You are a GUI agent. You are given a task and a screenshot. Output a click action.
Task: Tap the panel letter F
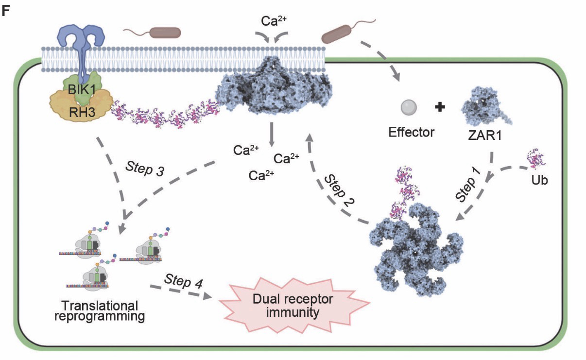tap(6, 11)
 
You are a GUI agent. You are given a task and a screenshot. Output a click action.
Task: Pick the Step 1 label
tap(468, 187)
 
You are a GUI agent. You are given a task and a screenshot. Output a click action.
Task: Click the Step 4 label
tap(183, 281)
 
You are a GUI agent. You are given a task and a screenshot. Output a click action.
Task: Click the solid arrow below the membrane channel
tap(271, 134)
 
